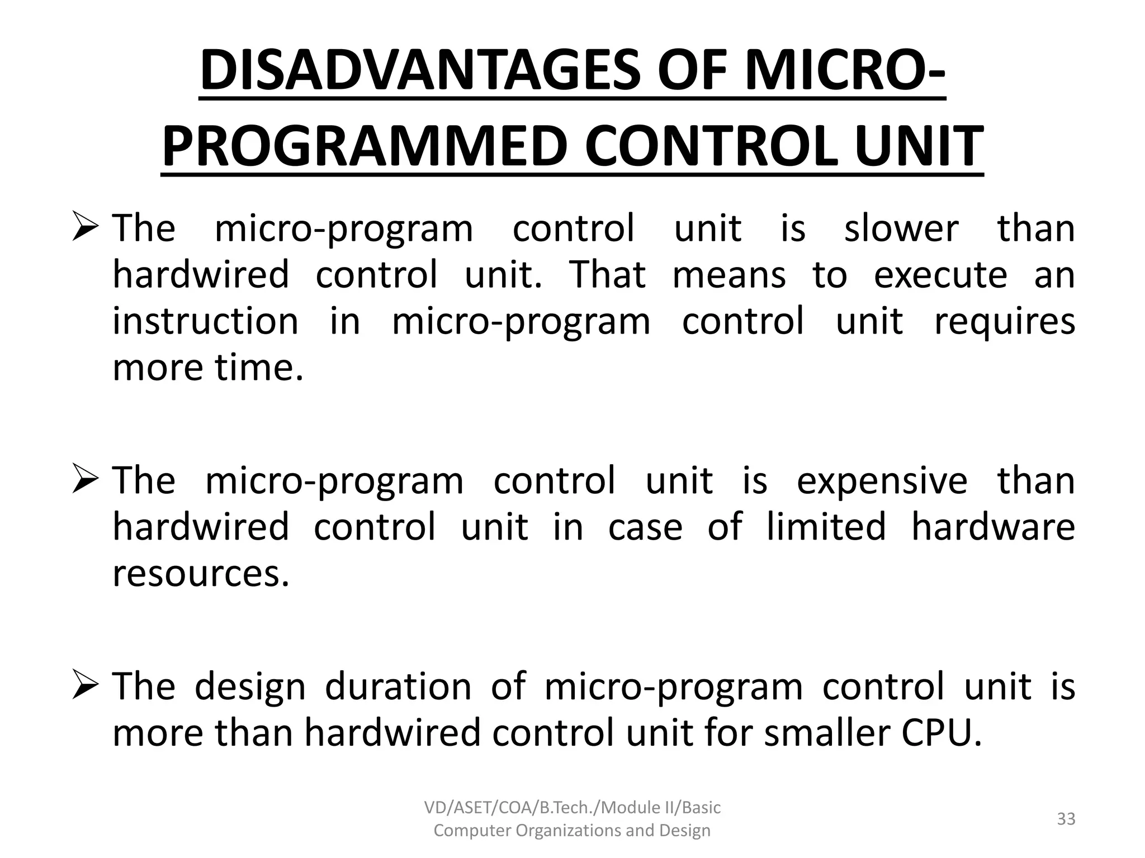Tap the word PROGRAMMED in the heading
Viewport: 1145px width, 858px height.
pyautogui.click(x=369, y=146)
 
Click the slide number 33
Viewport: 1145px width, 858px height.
pyautogui.click(x=1066, y=819)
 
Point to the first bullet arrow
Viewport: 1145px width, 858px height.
pyautogui.click(x=85, y=230)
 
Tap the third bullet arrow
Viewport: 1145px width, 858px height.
pyautogui.click(x=85, y=687)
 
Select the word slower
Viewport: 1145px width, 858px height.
pyautogui.click(x=901, y=228)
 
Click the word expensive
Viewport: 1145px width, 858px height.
pyautogui.click(x=882, y=481)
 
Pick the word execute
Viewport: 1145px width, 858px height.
pyautogui.click(x=940, y=275)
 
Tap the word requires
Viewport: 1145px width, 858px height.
pyautogui.click(x=1005, y=323)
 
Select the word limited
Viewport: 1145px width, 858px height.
pyautogui.click(x=826, y=527)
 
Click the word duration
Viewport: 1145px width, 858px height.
pyautogui.click(x=398, y=687)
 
